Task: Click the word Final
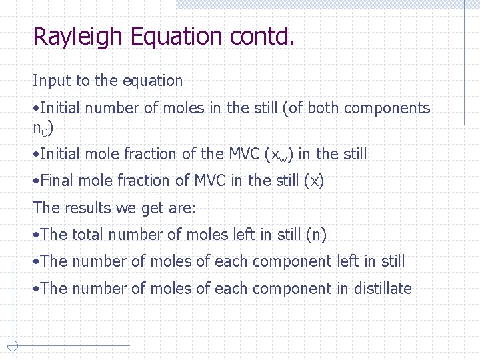coord(58,181)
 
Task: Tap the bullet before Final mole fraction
coord(36,181)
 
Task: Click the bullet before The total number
coord(36,235)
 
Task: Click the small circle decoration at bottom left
coord(12,345)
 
